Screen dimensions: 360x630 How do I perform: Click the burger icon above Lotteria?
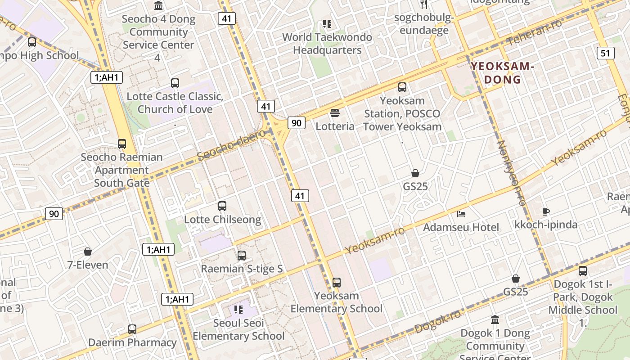pyautogui.click(x=335, y=112)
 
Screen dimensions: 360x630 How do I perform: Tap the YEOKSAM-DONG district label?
pyautogui.click(x=502, y=73)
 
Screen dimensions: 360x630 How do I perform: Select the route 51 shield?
pyautogui.click(x=605, y=53)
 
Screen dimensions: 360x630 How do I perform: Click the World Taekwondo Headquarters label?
pyautogui.click(x=327, y=44)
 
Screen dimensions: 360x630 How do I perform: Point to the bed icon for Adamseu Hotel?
pyautogui.click(x=461, y=214)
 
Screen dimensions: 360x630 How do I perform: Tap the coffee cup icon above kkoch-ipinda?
pyautogui.click(x=546, y=211)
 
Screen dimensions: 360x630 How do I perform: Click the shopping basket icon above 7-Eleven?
pyautogui.click(x=88, y=252)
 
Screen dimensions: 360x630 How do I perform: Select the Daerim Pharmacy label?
pyautogui.click(x=132, y=342)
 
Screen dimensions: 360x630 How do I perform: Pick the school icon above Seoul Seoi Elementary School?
pyautogui.click(x=238, y=310)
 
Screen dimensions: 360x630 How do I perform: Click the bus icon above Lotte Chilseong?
pyautogui.click(x=222, y=206)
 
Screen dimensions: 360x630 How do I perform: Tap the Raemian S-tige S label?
pyautogui.click(x=242, y=269)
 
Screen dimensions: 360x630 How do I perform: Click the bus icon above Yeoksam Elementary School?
pyautogui.click(x=337, y=283)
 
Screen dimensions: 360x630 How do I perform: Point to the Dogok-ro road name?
pyautogui.click(x=438, y=321)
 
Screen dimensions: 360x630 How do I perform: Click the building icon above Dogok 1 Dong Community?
pyautogui.click(x=495, y=320)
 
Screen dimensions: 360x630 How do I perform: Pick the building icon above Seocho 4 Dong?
pyautogui.click(x=158, y=6)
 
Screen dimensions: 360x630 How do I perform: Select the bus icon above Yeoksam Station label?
pyautogui.click(x=402, y=87)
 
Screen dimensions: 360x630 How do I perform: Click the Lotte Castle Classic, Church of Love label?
pyautogui.click(x=175, y=103)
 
